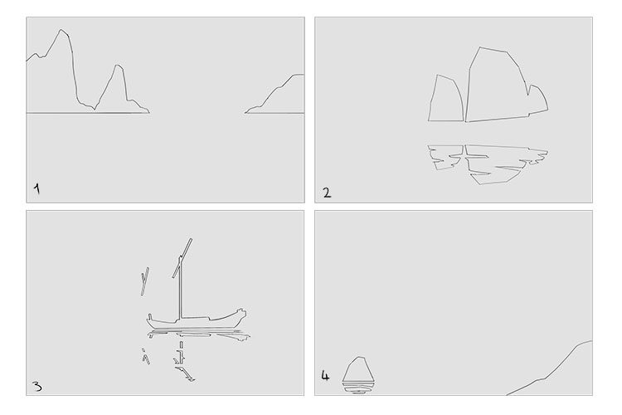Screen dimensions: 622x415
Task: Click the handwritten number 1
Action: tap(36, 188)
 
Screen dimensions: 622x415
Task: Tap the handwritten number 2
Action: tap(327, 193)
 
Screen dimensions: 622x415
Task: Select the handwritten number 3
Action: tap(36, 387)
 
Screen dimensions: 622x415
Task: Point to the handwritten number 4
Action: tap(325, 376)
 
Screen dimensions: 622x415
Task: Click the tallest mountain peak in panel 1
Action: tap(61, 30)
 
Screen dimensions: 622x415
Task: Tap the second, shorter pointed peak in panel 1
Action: tap(117, 65)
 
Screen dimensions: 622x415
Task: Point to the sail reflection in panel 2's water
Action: tap(488, 164)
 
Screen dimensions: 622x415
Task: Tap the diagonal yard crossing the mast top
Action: tap(182, 258)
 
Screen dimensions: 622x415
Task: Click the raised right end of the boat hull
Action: tap(241, 312)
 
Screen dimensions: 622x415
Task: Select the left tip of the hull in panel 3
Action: tap(149, 317)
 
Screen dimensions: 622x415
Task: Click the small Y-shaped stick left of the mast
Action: tap(144, 281)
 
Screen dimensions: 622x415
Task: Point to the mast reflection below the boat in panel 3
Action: tap(182, 352)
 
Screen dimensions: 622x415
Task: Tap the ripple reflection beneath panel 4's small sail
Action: tap(358, 388)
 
